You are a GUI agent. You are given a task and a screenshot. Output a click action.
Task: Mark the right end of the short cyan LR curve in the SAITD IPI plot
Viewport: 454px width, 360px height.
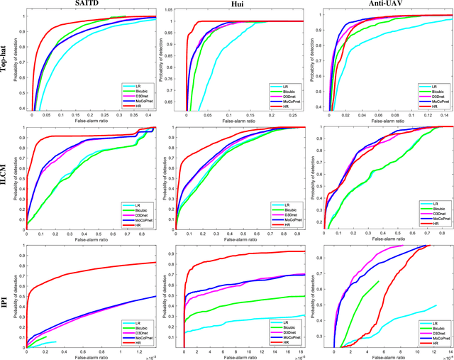click(x=56, y=342)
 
